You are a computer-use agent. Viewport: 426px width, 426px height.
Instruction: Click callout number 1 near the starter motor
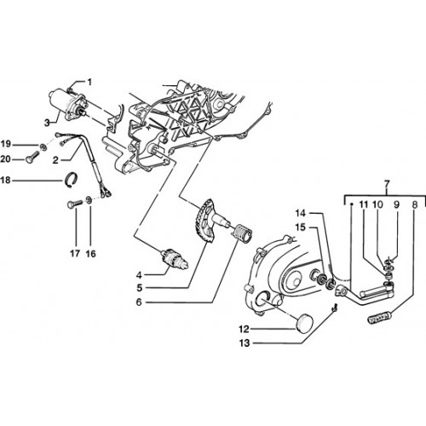[x=89, y=83]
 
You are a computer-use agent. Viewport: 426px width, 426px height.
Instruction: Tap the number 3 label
[x=47, y=123]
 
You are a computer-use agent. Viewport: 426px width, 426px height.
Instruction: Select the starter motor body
[x=67, y=104]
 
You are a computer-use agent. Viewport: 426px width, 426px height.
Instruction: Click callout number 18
[x=5, y=180]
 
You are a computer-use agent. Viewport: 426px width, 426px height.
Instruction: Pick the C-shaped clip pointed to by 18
[x=71, y=180]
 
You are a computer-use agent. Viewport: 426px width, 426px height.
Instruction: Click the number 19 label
[x=5, y=144]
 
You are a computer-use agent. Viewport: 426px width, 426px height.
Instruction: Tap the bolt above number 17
[x=74, y=204]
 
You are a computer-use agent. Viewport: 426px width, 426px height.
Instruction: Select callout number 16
[x=91, y=253]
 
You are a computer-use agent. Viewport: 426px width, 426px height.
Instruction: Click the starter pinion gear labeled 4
[x=175, y=258]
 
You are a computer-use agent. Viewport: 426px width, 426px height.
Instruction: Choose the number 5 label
[x=140, y=288]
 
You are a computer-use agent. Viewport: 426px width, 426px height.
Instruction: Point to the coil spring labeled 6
[x=242, y=233]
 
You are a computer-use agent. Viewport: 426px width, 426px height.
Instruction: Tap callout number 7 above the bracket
[x=387, y=183]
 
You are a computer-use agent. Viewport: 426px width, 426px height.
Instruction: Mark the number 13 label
[x=245, y=343]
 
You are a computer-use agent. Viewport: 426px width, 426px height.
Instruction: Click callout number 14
[x=300, y=213]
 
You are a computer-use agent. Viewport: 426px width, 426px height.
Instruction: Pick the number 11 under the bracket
[x=364, y=204]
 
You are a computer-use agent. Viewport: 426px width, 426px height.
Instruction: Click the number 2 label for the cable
[x=55, y=160]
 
